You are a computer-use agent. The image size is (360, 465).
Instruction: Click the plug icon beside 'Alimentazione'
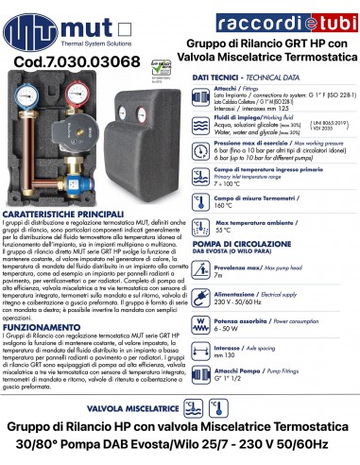202,299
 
